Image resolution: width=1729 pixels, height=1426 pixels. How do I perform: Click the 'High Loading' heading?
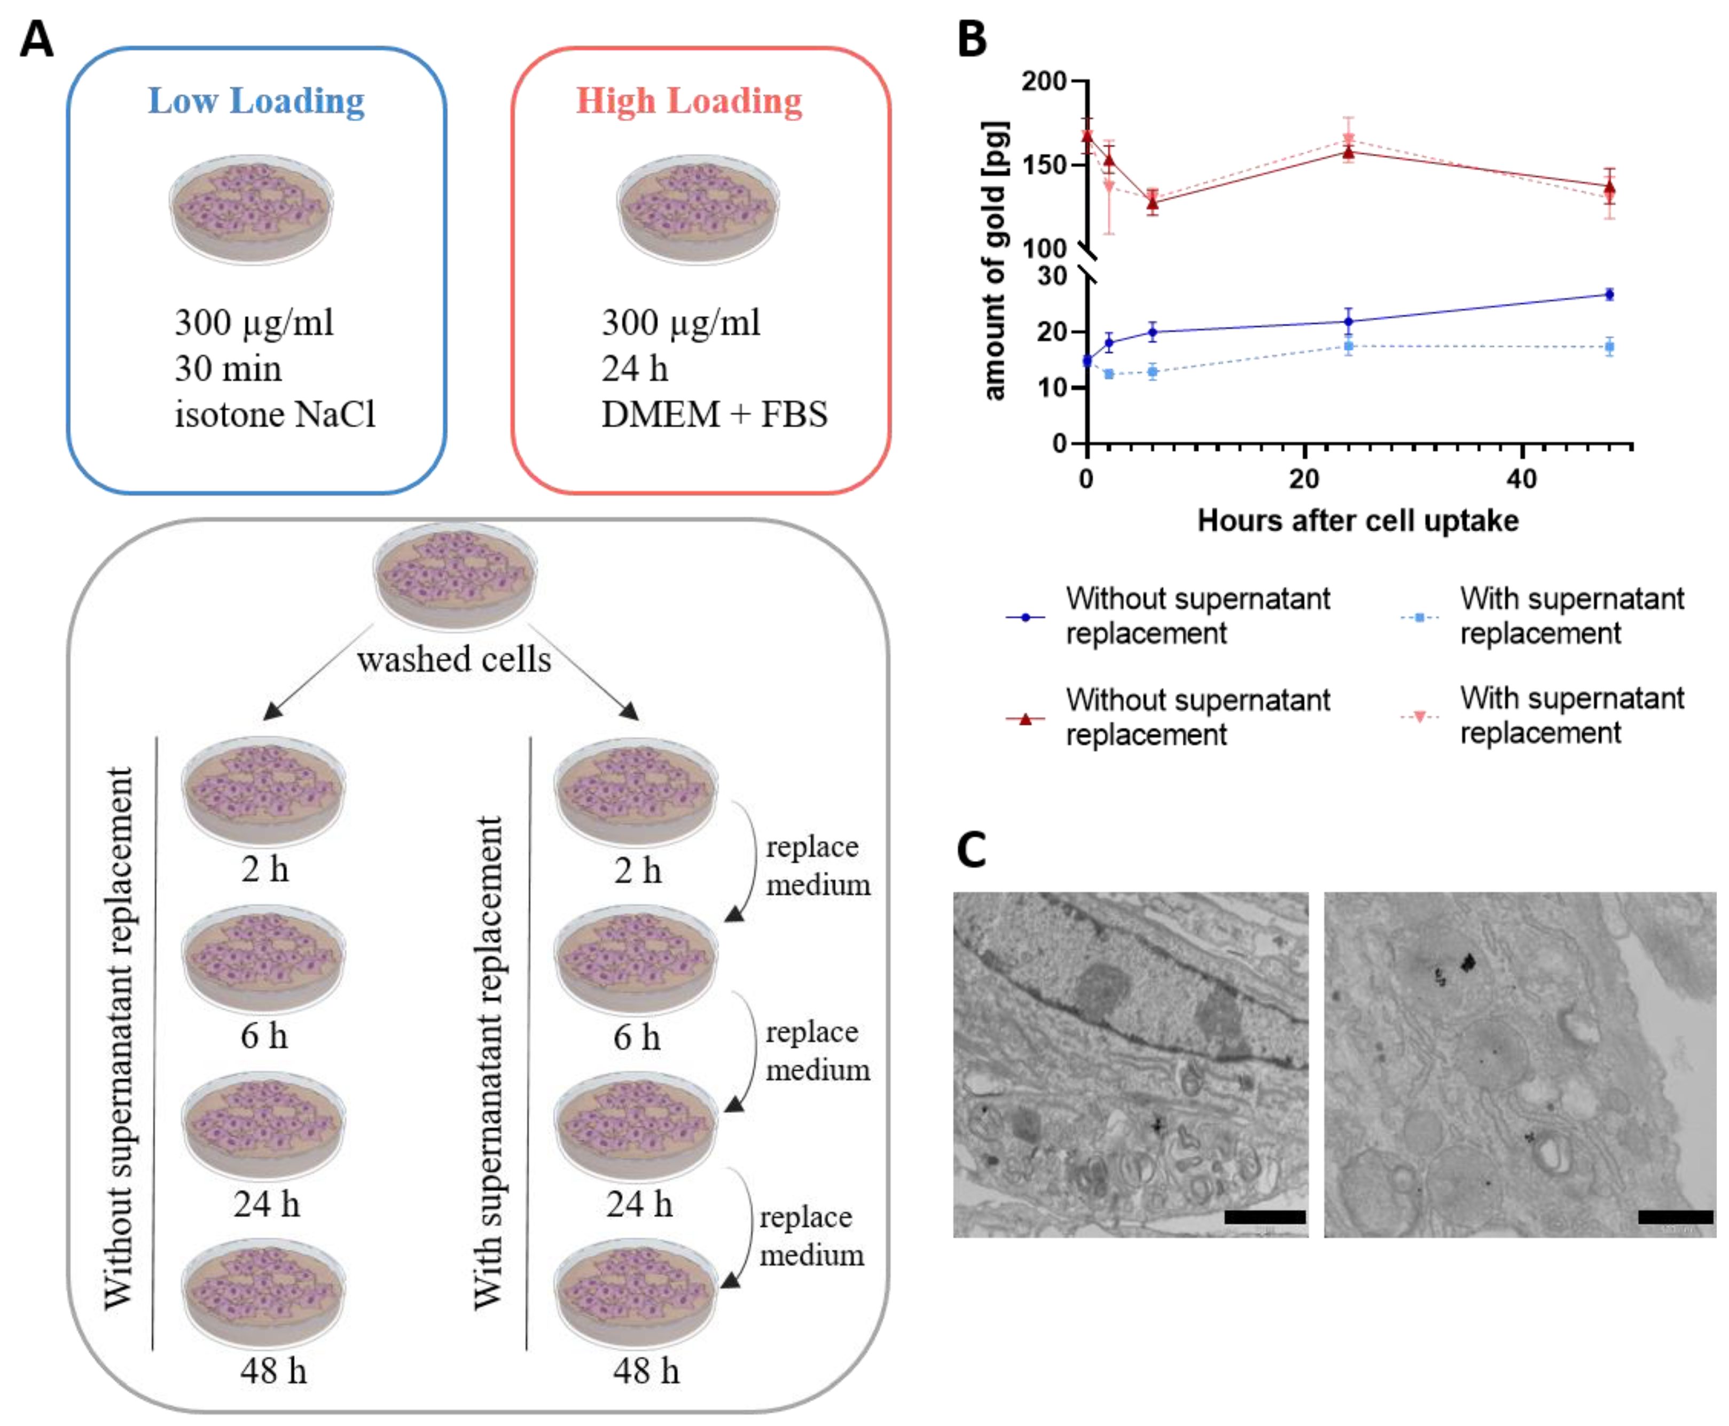(x=689, y=101)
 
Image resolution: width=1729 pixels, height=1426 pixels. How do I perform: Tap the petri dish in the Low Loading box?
(x=252, y=209)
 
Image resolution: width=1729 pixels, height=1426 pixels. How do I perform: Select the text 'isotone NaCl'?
(x=275, y=414)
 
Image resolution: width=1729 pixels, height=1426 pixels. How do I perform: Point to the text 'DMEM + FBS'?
(x=714, y=414)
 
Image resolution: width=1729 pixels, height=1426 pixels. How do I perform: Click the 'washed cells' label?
(x=454, y=659)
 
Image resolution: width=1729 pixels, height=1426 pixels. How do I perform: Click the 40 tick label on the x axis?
(x=1521, y=479)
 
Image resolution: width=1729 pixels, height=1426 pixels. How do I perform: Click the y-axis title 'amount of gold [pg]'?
(x=994, y=261)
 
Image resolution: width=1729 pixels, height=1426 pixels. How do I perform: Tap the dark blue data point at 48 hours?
(x=1609, y=294)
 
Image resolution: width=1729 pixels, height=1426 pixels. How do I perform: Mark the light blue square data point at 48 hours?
(x=1609, y=347)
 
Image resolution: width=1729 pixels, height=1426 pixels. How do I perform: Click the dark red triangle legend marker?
(x=1025, y=719)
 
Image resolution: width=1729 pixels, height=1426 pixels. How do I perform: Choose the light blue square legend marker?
(x=1419, y=617)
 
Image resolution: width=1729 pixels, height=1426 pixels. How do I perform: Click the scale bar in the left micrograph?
(x=1264, y=1217)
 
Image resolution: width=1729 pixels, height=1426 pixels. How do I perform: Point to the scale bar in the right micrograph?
(x=1675, y=1217)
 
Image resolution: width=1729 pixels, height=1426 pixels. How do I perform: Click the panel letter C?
(x=971, y=850)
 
